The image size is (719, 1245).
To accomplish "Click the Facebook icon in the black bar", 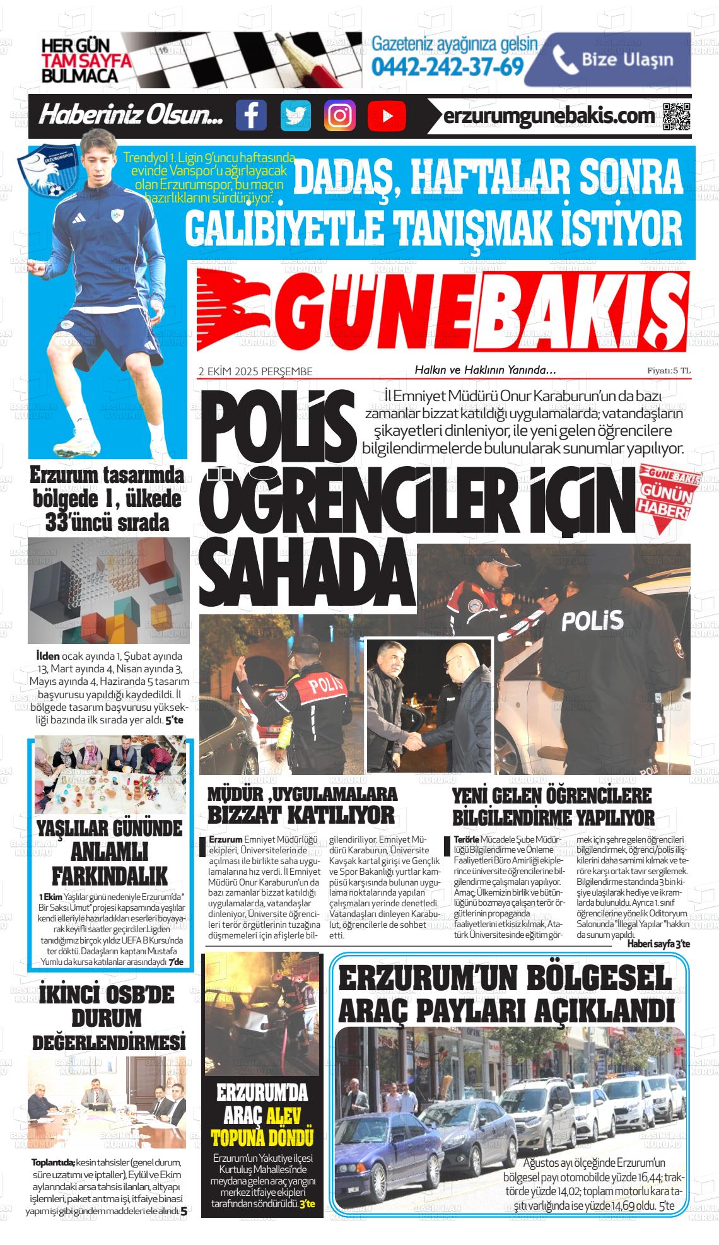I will [x=251, y=115].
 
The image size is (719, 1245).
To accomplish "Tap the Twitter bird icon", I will [x=296, y=115].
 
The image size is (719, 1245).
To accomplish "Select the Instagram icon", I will [x=340, y=115].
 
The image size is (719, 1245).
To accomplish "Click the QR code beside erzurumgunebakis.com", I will [x=677, y=116].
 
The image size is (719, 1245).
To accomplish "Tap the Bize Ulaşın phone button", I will [x=608, y=60].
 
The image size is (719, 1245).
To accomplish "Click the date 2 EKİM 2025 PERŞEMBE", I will [x=255, y=371].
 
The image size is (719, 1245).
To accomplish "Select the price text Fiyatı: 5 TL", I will [x=669, y=371].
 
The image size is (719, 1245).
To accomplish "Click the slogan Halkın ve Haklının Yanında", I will [x=484, y=370].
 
